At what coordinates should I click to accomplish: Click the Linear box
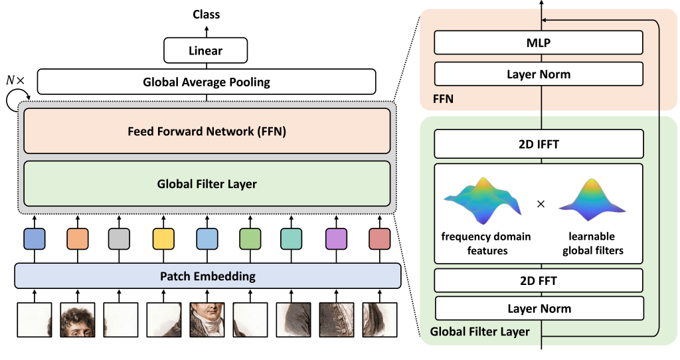click(206, 50)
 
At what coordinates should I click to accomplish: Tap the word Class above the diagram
click(207, 15)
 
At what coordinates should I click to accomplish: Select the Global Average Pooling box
click(207, 82)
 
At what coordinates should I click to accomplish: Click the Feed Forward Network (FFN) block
click(207, 131)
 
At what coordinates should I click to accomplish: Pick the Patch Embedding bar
click(208, 276)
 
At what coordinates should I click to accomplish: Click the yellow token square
click(163, 239)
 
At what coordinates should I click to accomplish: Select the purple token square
click(336, 239)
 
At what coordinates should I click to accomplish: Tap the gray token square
click(119, 239)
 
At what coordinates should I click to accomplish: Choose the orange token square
click(78, 239)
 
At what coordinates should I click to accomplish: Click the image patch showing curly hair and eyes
click(78, 319)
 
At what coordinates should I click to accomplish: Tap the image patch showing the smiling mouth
click(207, 319)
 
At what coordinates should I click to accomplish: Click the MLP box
click(539, 43)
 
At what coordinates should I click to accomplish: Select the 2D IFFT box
click(539, 143)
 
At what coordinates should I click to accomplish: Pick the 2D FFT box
click(539, 280)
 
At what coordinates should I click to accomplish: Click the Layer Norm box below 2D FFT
click(539, 308)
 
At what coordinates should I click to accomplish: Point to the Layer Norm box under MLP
click(539, 74)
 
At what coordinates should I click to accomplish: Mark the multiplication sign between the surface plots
click(541, 204)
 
